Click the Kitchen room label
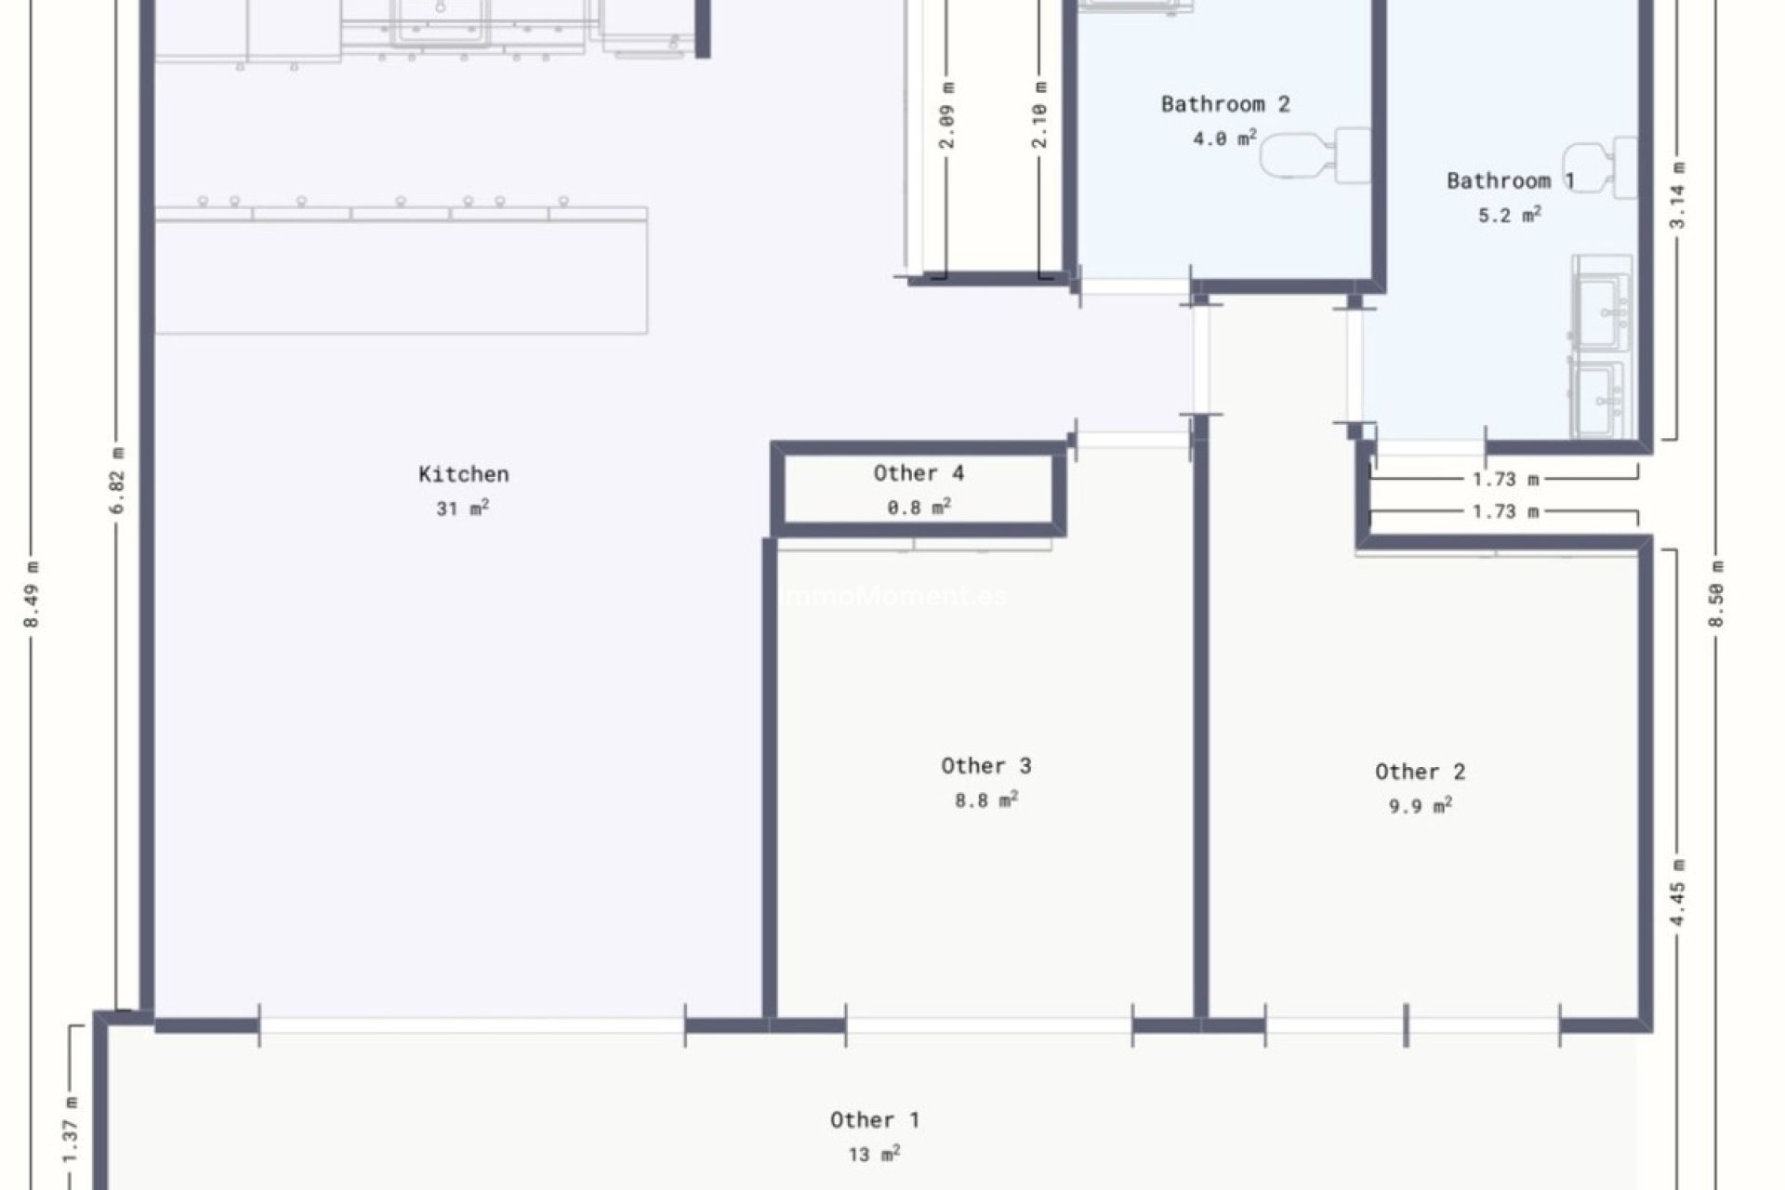[463, 474]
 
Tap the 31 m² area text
[462, 509]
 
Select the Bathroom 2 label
[1225, 104]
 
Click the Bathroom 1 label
[1510, 180]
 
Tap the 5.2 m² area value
[1509, 216]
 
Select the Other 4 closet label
[918, 473]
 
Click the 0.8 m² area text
[918, 508]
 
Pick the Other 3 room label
[985, 766]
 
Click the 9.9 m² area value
[1420, 806]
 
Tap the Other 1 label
[874, 1120]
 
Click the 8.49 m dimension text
[32, 594]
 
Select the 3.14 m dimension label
[1677, 195]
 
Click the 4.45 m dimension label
[1677, 892]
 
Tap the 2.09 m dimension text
[946, 115]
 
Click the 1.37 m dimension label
[71, 1130]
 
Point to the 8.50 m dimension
[1716, 594]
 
